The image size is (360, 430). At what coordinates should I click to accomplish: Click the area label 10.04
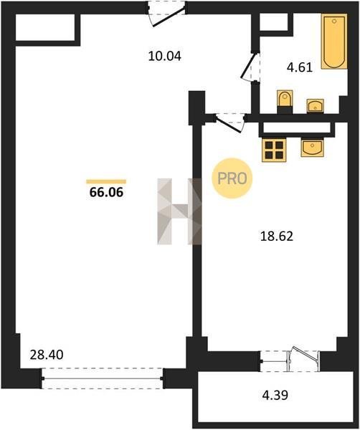(165, 56)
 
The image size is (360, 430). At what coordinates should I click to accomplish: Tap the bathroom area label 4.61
(300, 67)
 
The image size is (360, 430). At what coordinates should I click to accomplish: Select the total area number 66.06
(106, 192)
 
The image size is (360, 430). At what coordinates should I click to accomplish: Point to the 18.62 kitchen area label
(277, 236)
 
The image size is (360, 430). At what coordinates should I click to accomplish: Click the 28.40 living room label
(47, 355)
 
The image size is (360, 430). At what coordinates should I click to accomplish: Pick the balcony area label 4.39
(275, 395)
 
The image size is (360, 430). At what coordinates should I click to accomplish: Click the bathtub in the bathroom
(334, 42)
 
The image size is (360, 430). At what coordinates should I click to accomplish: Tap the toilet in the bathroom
(285, 102)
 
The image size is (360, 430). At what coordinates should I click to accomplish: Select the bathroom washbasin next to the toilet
(315, 106)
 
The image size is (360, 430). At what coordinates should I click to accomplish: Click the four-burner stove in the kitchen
(274, 150)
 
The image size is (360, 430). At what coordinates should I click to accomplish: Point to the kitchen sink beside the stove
(312, 148)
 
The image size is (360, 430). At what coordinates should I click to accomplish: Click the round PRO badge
(232, 178)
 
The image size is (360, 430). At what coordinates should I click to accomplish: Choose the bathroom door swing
(250, 67)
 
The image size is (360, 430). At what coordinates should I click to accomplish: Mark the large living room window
(103, 378)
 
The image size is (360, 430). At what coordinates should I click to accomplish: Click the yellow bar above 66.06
(106, 181)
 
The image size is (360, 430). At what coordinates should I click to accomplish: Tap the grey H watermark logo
(180, 211)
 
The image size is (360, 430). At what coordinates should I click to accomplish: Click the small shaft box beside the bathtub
(273, 22)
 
